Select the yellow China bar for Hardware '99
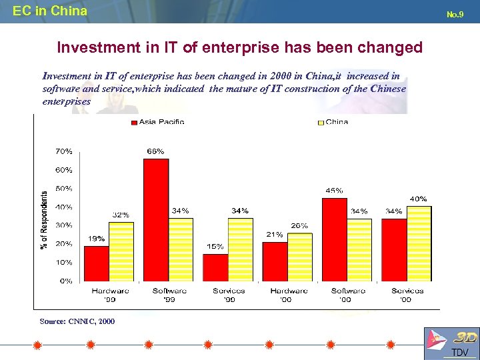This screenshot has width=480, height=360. (x=121, y=251)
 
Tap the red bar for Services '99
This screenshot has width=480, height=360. (x=215, y=267)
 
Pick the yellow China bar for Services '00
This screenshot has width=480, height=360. (x=419, y=243)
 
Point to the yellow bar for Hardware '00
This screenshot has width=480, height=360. (x=299, y=257)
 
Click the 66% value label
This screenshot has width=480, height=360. (x=155, y=151)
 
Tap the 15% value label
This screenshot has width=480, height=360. (x=215, y=247)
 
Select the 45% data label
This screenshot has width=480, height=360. (x=334, y=190)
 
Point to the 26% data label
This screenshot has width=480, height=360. (x=299, y=225)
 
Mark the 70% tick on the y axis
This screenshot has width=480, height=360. (x=64, y=151)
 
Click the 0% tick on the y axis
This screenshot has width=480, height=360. (x=66, y=281)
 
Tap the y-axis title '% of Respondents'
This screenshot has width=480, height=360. (x=44, y=220)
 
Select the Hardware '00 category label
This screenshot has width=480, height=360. (x=288, y=295)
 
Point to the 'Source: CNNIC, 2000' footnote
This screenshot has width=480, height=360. (x=77, y=321)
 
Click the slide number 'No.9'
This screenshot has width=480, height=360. (x=455, y=13)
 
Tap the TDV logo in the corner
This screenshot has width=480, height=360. (x=450, y=344)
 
